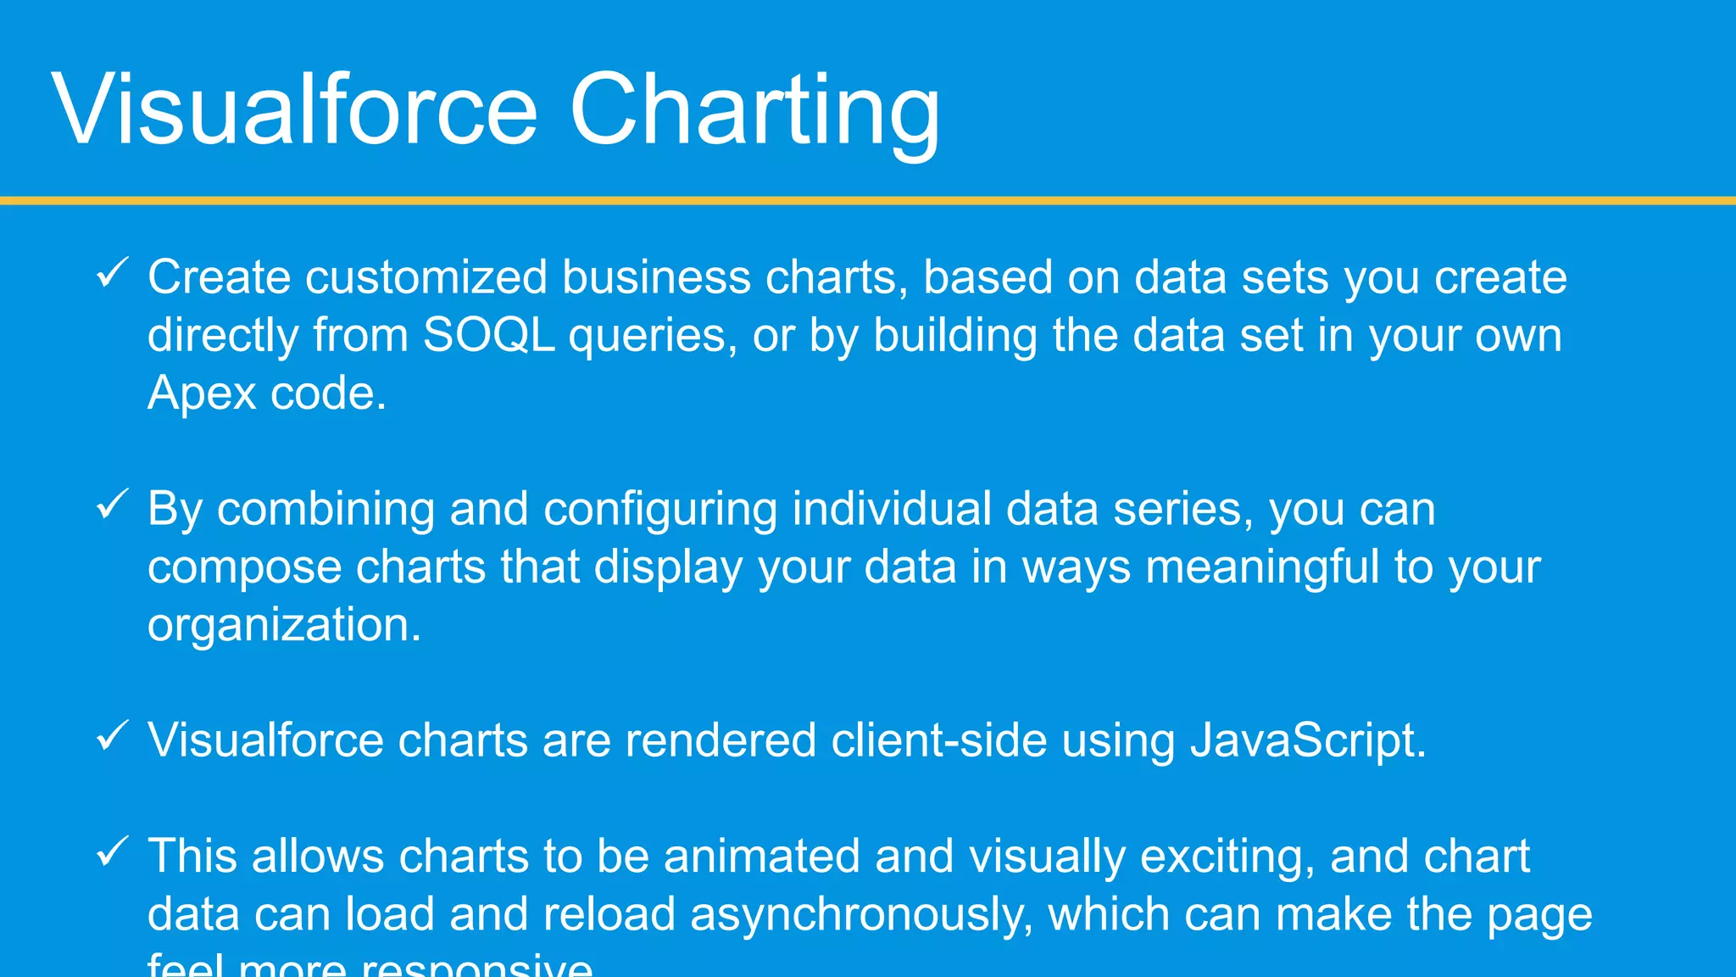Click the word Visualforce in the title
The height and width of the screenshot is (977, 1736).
(294, 110)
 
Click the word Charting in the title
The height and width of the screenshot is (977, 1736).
(754, 110)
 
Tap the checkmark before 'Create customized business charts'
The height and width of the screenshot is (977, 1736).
(112, 273)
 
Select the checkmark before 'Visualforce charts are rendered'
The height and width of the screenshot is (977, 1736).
(112, 735)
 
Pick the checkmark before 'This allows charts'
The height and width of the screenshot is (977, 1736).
(112, 851)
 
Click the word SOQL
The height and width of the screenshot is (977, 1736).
(488, 335)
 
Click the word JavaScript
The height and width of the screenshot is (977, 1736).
(1308, 740)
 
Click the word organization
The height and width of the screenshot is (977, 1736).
(284, 626)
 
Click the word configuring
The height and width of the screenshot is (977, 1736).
(660, 510)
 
